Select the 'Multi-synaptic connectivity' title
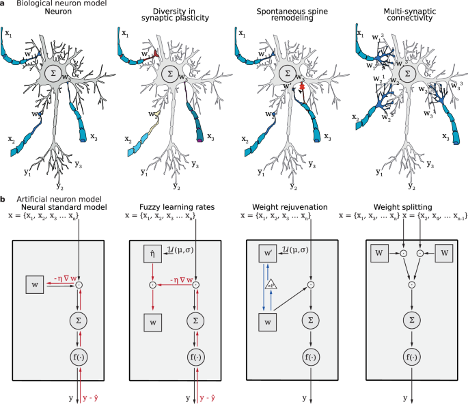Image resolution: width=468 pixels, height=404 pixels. (407, 16)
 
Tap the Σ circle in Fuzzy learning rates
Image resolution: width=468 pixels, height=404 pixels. (196, 319)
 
